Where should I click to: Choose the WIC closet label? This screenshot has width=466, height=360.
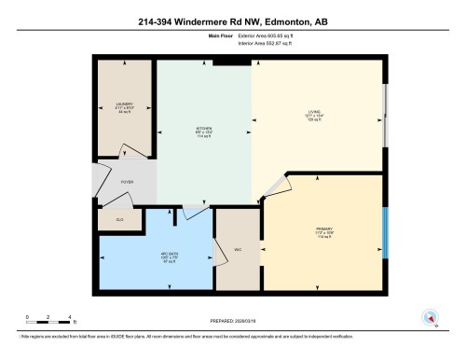tap(238, 249)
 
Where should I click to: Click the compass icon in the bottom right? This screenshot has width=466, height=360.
tap(431, 316)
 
